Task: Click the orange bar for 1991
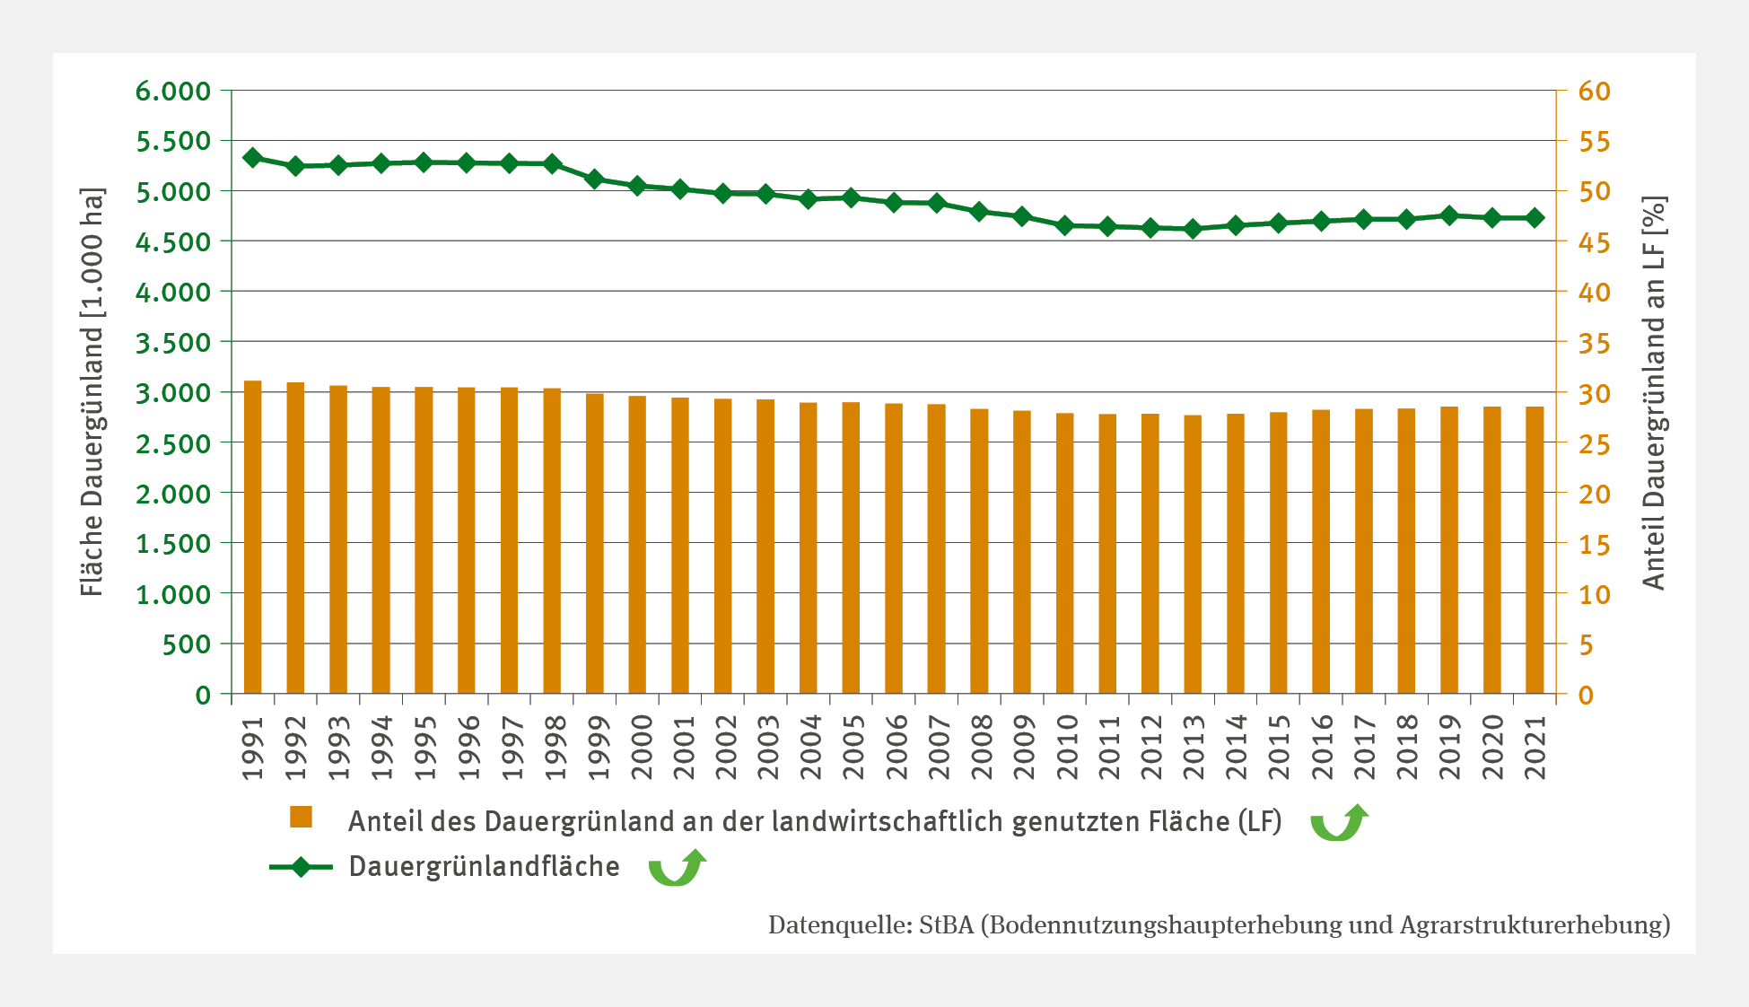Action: tap(253, 539)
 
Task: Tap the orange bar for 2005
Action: tap(852, 548)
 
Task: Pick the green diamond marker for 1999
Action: tap(594, 179)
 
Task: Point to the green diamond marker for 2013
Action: tap(1193, 229)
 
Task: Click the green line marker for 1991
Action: tap(253, 158)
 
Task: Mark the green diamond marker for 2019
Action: tap(1449, 215)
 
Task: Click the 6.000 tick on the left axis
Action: tap(173, 91)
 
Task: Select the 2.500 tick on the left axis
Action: tap(173, 443)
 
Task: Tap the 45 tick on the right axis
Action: tap(1595, 242)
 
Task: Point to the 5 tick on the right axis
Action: tap(1586, 644)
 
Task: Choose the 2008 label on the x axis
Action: tap(981, 747)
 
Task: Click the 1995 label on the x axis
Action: tap(424, 747)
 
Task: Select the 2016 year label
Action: tap(1322, 747)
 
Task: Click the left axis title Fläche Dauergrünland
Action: tap(92, 392)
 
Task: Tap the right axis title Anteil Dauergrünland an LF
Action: tap(1653, 392)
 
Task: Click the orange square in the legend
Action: tap(301, 817)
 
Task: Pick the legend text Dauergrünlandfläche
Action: tap(484, 867)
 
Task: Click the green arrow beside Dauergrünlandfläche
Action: tap(678, 868)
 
